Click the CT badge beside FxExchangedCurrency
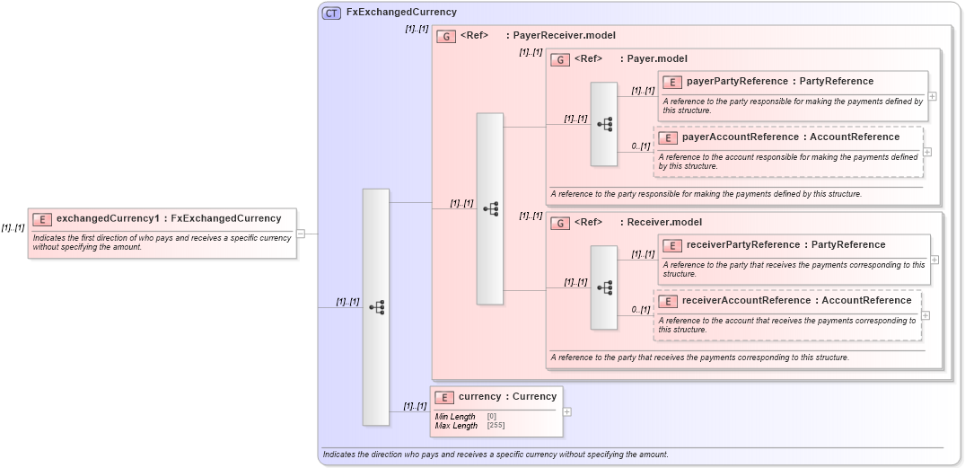331,13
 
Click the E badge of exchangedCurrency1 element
41,218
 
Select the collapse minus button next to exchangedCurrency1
301,234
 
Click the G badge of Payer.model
560,59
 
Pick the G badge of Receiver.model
560,223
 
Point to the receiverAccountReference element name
746,301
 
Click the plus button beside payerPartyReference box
933,96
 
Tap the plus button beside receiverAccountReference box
926,315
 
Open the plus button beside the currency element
566,411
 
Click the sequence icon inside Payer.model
604,124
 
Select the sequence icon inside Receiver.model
604,287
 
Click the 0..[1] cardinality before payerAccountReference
640,146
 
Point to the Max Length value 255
496,425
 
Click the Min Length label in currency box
455,417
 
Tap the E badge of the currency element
443,397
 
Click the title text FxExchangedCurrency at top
401,13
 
